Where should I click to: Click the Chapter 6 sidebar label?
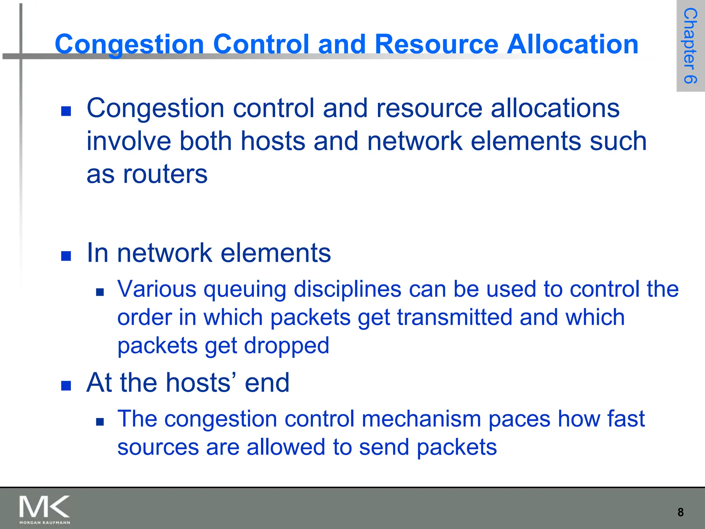tap(691, 46)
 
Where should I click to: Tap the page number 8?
tap(681, 512)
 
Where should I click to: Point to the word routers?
tap(165, 174)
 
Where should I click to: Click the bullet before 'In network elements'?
tap(66, 256)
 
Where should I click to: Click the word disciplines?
tap(347, 289)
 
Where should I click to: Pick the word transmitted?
tap(454, 317)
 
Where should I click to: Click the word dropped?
tap(286, 346)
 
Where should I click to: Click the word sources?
tap(158, 447)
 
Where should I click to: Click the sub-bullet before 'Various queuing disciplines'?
tap(100, 292)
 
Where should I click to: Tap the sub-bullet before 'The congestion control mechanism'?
tap(100, 422)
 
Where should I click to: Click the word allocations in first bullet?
tap(555, 108)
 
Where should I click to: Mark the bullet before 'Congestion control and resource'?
tap(66, 111)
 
